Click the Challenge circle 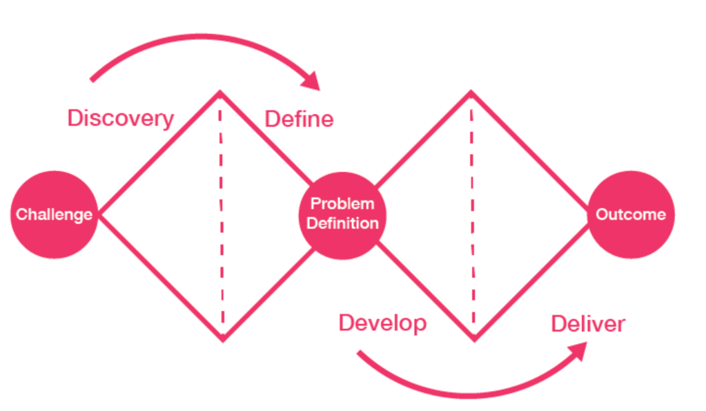click(55, 215)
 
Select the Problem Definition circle click(342, 215)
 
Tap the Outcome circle click(631, 215)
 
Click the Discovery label click(120, 118)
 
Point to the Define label click(299, 119)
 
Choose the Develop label click(382, 323)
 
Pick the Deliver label click(588, 323)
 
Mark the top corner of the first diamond click(220, 92)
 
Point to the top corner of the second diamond click(471, 92)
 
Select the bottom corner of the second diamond click(473, 339)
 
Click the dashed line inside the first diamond click(222, 214)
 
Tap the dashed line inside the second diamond click(472, 214)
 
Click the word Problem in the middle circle click(342, 204)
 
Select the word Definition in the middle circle click(342, 224)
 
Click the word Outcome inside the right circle click(631, 215)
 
